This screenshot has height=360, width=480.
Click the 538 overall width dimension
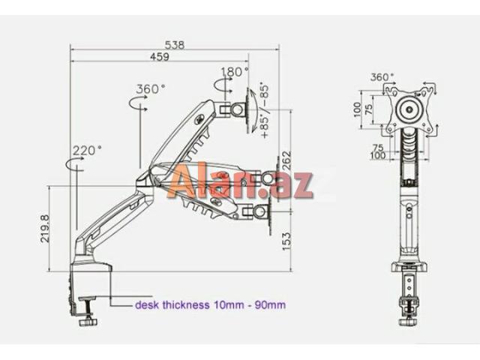(174, 45)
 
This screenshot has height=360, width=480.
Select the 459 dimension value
(159, 57)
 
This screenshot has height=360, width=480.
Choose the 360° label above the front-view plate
(382, 77)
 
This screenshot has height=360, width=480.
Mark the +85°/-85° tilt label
(264, 111)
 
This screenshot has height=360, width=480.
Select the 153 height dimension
(286, 241)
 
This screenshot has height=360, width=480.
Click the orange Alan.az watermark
(240, 185)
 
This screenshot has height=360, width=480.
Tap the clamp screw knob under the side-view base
(90, 322)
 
